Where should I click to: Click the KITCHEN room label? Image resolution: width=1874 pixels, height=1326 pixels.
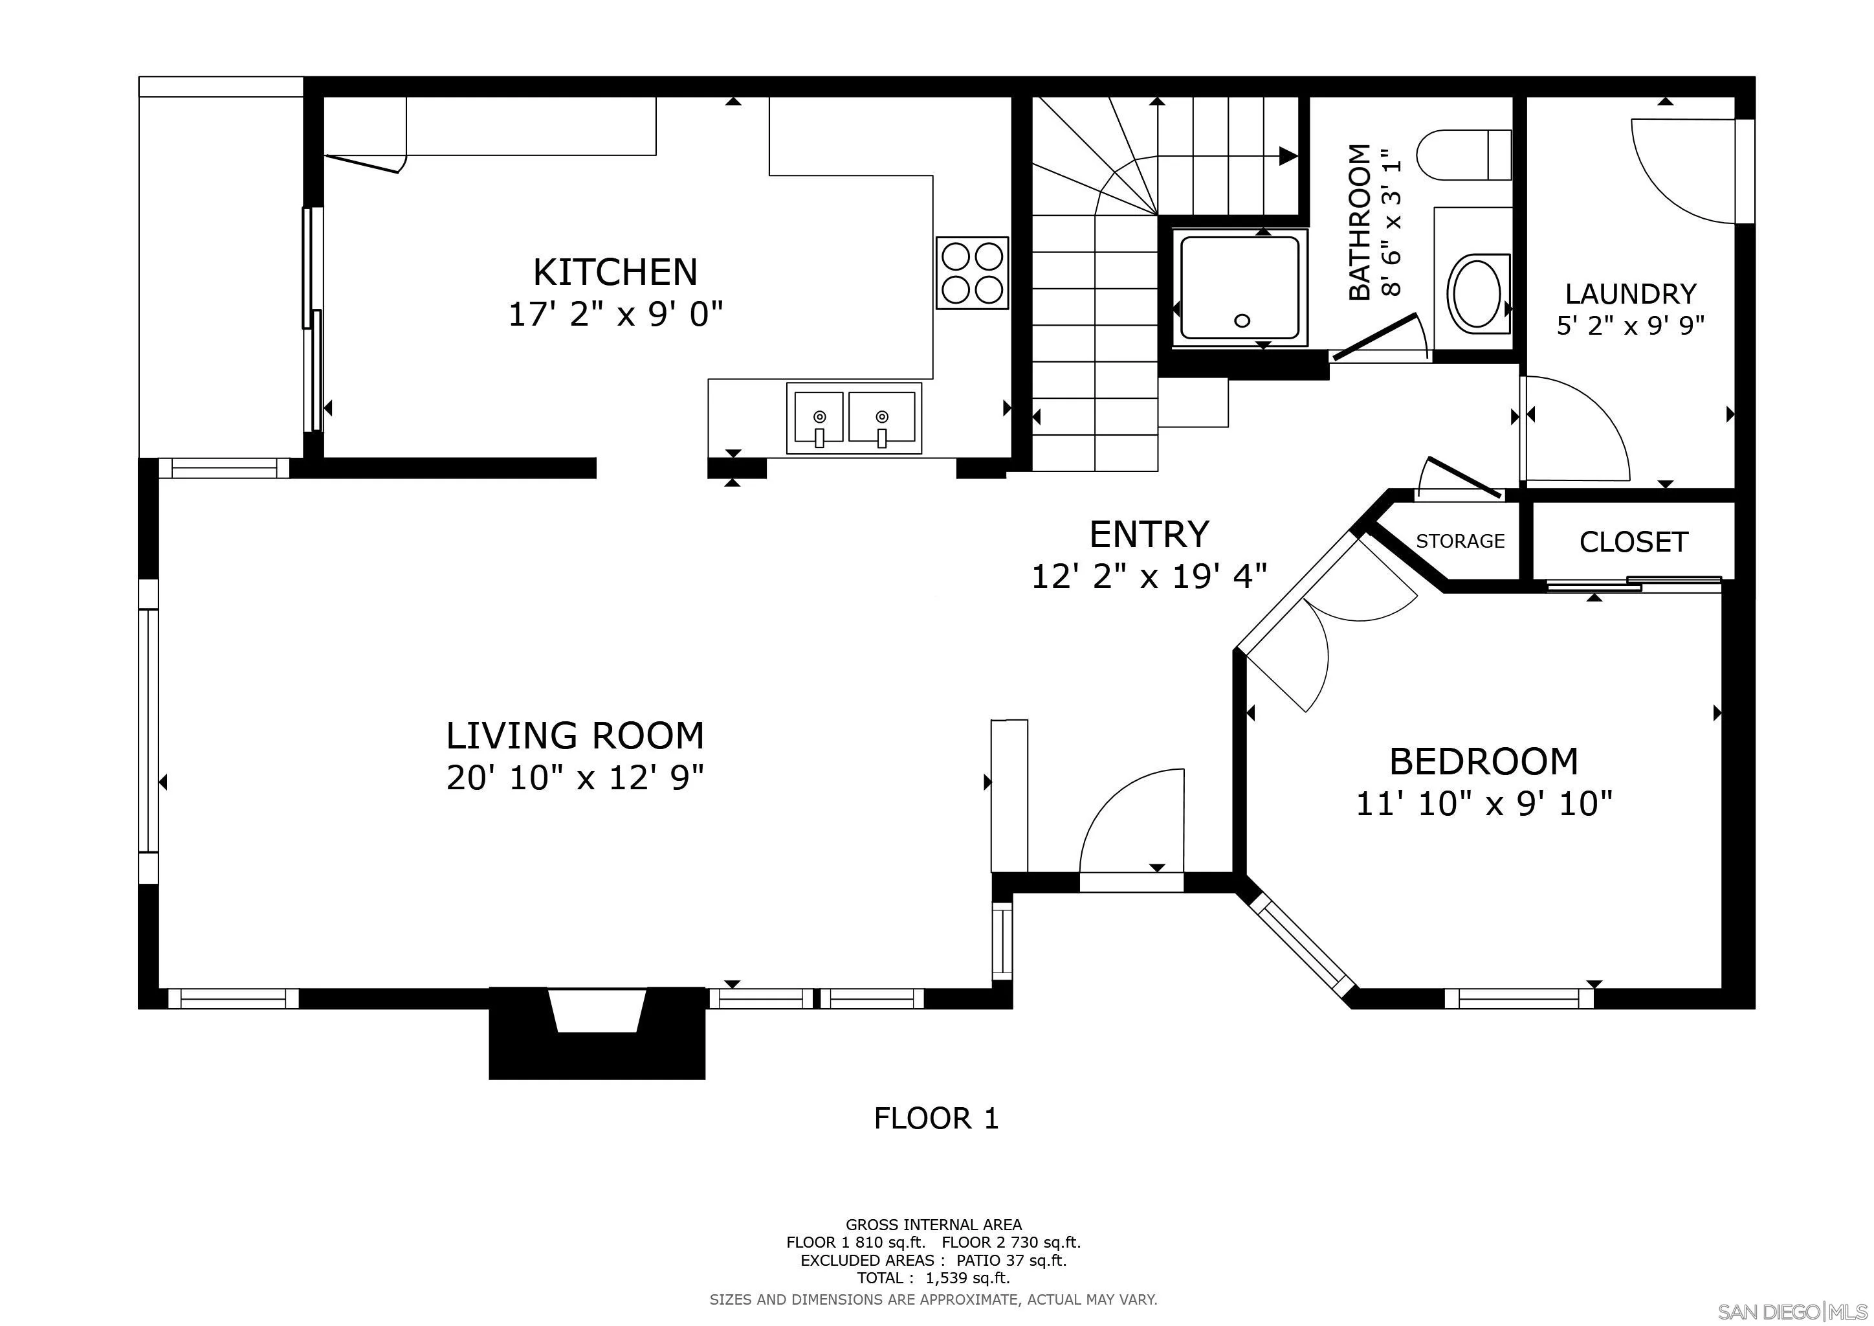point(615,272)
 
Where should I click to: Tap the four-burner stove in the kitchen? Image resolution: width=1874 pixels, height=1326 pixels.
point(972,273)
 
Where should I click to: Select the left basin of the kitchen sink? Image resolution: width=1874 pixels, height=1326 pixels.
point(818,417)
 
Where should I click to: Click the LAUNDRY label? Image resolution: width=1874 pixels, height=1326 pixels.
point(1631,293)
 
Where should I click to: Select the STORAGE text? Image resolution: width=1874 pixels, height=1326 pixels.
point(1461,541)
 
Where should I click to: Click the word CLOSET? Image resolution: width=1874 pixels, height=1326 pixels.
point(1633,542)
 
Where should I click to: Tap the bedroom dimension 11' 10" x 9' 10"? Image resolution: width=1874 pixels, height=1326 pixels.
point(1484,804)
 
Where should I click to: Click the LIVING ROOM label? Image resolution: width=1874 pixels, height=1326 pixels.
point(575,736)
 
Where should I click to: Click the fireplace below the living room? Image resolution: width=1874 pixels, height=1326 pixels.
point(597,1032)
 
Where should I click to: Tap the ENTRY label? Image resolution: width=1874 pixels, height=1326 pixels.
point(1149,535)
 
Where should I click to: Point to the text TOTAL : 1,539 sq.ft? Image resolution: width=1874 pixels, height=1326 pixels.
point(933,1278)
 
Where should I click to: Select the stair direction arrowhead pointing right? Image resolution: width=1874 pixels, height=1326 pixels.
point(1288,156)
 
